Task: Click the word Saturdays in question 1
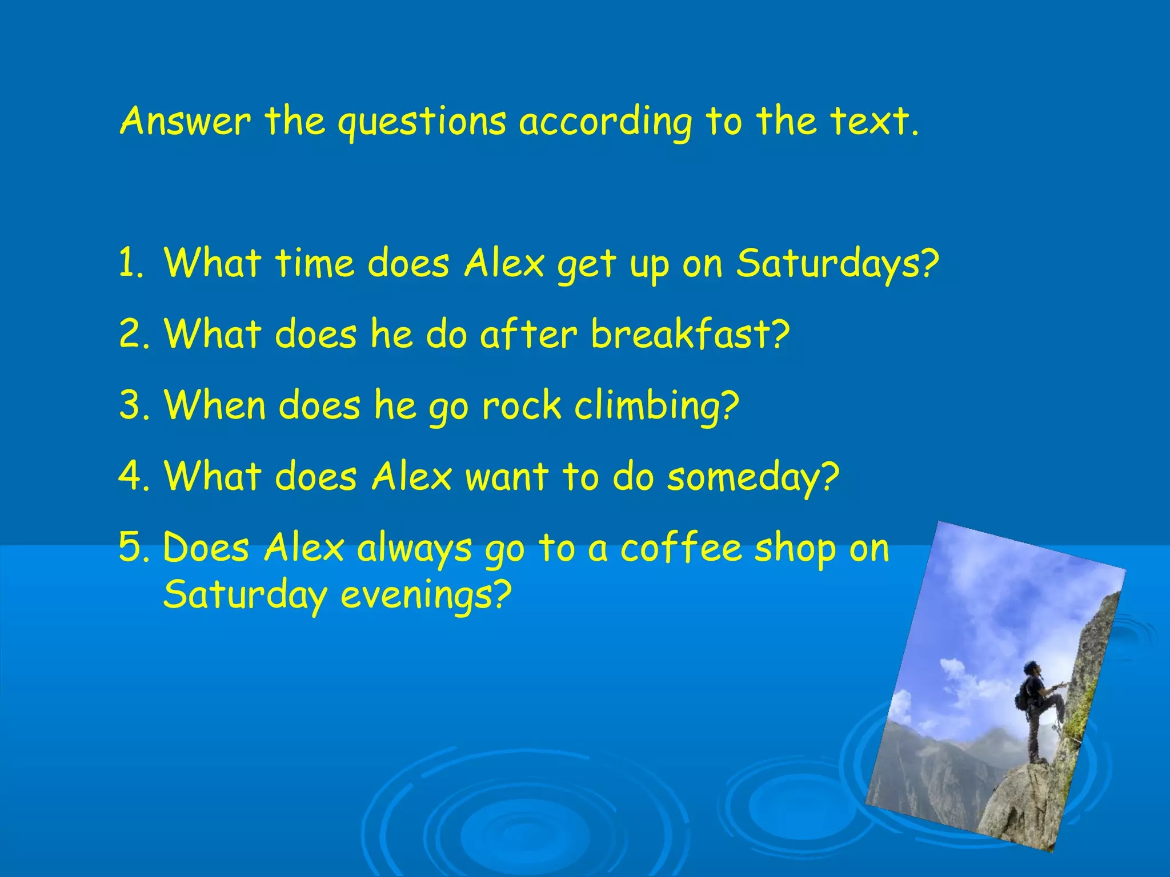(x=828, y=264)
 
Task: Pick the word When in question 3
(x=215, y=405)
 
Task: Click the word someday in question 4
(x=743, y=477)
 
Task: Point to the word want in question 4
(x=507, y=477)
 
